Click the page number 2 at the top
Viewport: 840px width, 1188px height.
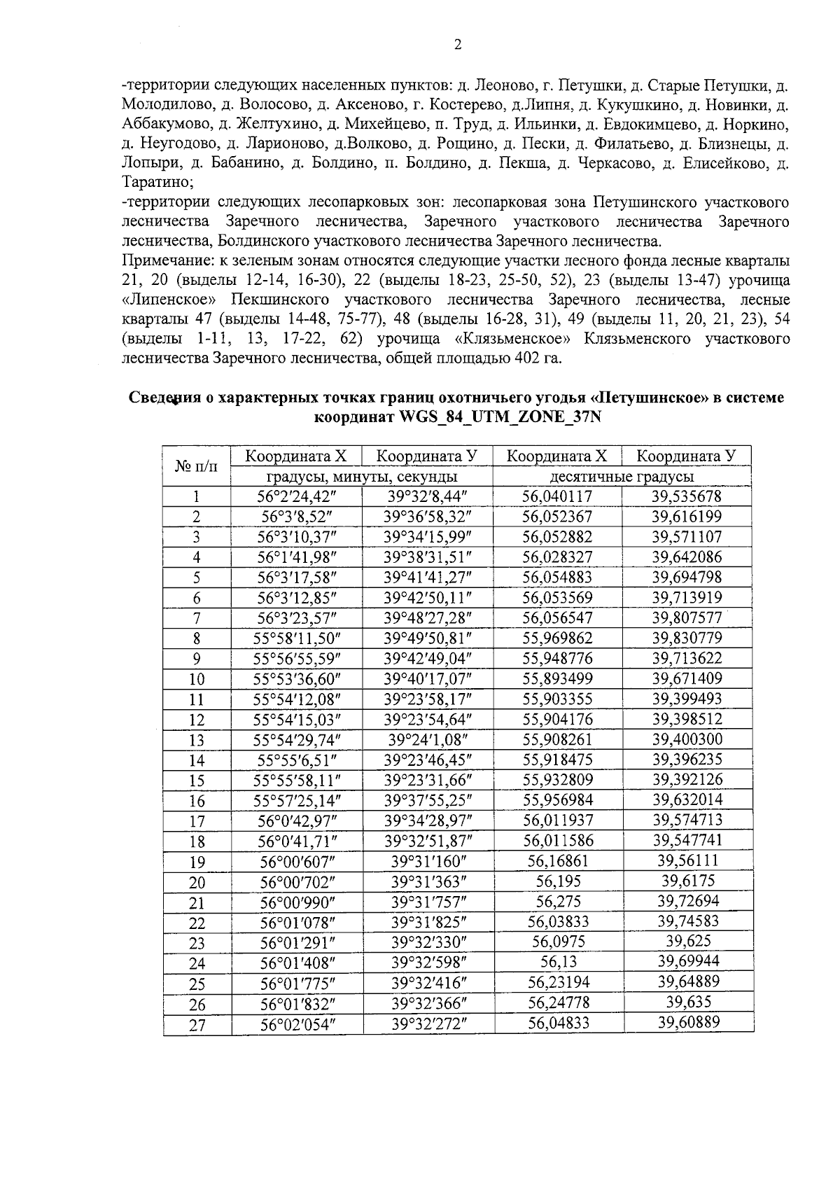point(458,46)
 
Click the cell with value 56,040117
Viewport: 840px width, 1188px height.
point(557,497)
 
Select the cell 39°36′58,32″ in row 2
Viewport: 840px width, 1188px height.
point(428,517)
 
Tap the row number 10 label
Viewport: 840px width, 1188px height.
point(197,679)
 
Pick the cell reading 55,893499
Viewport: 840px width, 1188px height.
point(557,679)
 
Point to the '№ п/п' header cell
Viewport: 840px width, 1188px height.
point(197,466)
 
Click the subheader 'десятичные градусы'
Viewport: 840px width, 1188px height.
point(622,477)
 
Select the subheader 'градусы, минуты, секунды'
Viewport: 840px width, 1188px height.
point(362,477)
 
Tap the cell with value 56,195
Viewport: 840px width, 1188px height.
point(557,881)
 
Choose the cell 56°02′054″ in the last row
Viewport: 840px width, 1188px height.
point(297,1023)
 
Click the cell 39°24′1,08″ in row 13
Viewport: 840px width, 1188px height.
point(428,739)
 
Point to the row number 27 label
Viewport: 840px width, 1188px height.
point(197,1025)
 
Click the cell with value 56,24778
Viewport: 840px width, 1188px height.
point(557,1002)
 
